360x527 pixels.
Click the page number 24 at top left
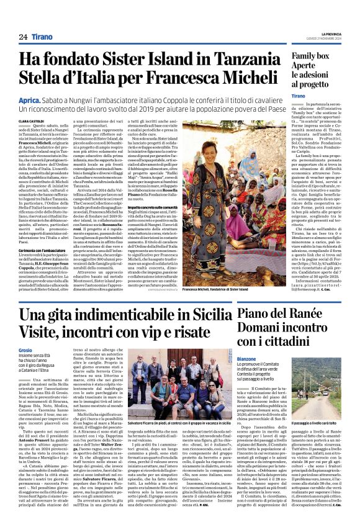click(22, 37)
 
